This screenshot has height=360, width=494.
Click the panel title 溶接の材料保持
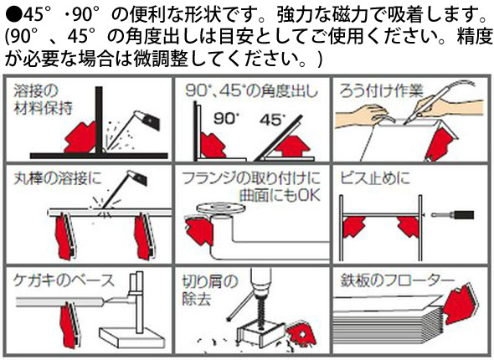coord(44,100)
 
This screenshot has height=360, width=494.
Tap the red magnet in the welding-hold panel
coord(80,138)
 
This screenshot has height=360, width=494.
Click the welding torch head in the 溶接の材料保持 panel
coord(147,119)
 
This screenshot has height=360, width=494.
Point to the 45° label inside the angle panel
coord(273,120)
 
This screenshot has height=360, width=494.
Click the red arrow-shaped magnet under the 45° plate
coord(292,147)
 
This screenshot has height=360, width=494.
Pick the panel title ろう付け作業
coord(381,91)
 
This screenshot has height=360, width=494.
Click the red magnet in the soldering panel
coord(440,144)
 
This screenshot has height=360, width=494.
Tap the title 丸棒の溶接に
coord(58,178)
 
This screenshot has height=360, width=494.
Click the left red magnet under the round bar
coord(65,236)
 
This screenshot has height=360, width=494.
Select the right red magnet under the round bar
coord(144,236)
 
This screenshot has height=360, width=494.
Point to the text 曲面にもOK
coord(280,195)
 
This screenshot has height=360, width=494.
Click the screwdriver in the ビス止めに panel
coord(453,215)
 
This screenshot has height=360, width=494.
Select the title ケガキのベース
coord(64,280)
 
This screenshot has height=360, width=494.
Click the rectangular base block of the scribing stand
coord(132,337)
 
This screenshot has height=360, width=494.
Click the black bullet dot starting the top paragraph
coord(14,14)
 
